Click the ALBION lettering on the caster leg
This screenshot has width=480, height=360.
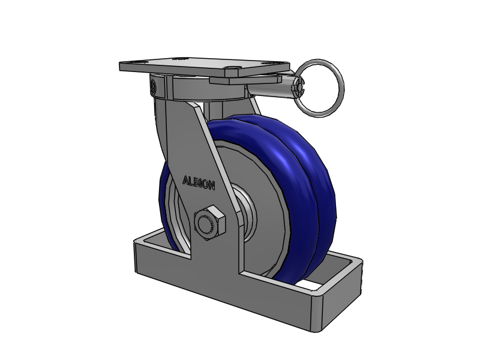(199, 183)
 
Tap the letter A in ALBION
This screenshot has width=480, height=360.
(185, 181)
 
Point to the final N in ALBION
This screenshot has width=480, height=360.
(212, 185)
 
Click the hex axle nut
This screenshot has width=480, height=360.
(209, 223)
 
